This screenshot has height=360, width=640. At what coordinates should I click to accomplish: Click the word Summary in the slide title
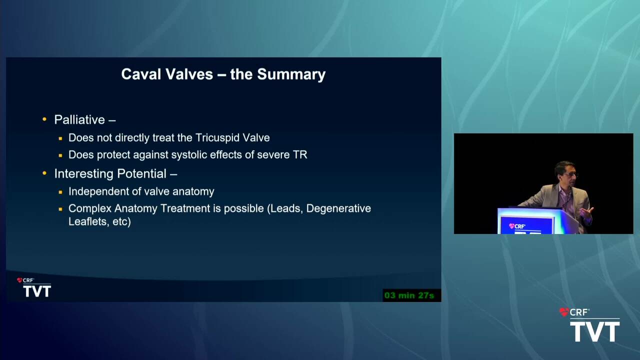pyautogui.click(x=291, y=74)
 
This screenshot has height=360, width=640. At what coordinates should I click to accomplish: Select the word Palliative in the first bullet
pyautogui.click(x=79, y=119)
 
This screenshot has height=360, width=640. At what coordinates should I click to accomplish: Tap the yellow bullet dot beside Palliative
pyautogui.click(x=44, y=119)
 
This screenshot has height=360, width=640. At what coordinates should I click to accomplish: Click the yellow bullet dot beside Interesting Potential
pyautogui.click(x=44, y=173)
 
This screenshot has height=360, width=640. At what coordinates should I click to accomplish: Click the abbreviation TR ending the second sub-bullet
pyautogui.click(x=300, y=155)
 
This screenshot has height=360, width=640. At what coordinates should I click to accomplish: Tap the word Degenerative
pyautogui.click(x=338, y=209)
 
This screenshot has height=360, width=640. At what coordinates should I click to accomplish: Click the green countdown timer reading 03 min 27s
pyautogui.click(x=409, y=295)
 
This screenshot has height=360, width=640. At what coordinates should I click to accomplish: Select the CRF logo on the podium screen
pyautogui.click(x=517, y=226)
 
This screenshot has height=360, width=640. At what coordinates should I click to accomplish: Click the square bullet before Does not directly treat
pyautogui.click(x=60, y=138)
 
